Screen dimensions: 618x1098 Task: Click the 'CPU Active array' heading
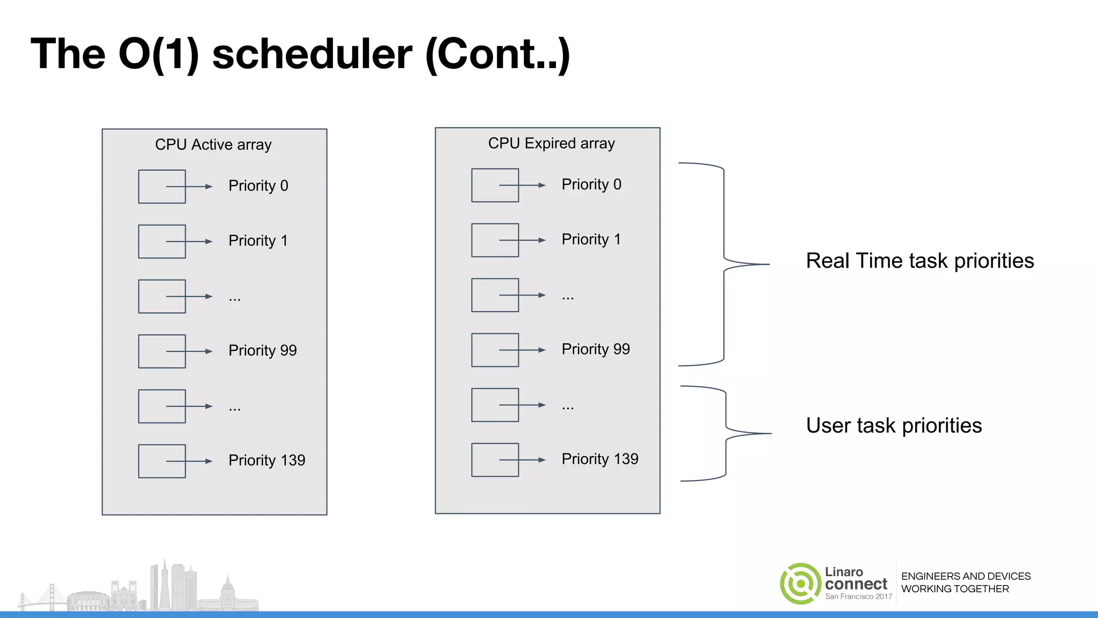(x=213, y=145)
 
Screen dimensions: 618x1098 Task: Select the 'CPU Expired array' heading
(x=551, y=144)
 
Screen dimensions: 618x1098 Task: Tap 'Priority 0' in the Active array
(x=258, y=186)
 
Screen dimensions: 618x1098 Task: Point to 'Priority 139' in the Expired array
(x=599, y=459)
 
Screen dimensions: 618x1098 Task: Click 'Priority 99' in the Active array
(x=262, y=350)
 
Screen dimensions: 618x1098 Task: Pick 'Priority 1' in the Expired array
(x=591, y=239)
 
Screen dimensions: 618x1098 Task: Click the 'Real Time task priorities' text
(x=919, y=261)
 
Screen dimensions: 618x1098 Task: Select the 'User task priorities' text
(x=894, y=426)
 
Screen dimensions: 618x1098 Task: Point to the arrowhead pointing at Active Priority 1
(x=209, y=241)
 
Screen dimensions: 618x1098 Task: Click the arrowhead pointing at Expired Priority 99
(x=542, y=350)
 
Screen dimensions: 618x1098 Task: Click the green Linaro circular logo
(x=800, y=584)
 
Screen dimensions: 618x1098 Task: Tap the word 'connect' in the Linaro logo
(x=856, y=584)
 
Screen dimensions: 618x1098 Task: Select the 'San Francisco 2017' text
(x=858, y=597)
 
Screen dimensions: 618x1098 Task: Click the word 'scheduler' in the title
(x=312, y=54)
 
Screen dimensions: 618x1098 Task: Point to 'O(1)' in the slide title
(x=159, y=54)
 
